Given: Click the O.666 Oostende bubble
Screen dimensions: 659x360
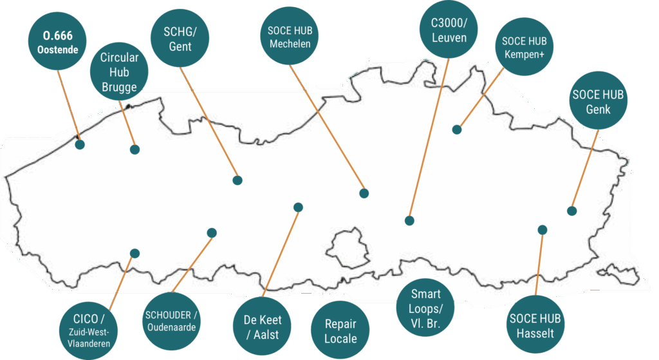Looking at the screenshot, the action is point(57,41).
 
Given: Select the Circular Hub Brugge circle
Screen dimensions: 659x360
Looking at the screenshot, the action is point(119,71).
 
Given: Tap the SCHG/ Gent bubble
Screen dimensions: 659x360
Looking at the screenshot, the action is point(180,38).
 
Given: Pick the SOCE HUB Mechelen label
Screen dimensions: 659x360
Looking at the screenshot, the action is point(290,36).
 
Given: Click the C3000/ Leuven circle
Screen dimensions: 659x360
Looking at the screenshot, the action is point(449,30).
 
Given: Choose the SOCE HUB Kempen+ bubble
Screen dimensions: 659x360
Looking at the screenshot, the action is point(524,46).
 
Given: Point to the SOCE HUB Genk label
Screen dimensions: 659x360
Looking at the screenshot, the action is point(598,100).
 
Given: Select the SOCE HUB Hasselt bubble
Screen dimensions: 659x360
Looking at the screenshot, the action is point(535,325).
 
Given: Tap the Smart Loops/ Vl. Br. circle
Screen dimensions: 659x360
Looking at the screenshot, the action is point(425,307).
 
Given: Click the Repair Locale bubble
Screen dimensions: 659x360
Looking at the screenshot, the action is point(340,330).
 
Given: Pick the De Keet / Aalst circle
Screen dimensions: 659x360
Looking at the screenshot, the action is point(263,327).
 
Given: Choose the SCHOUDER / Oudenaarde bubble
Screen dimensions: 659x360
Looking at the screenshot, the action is point(171,321).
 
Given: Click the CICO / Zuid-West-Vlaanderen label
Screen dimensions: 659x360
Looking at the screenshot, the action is point(88,330).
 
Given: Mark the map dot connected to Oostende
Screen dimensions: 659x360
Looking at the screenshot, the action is point(80,145).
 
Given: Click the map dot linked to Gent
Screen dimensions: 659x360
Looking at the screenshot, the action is point(237,180).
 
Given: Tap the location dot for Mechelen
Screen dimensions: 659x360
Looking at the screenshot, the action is point(364,193).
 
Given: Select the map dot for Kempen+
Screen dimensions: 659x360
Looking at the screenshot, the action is point(457,129).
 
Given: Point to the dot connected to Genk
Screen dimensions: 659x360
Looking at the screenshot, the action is point(572,211).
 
